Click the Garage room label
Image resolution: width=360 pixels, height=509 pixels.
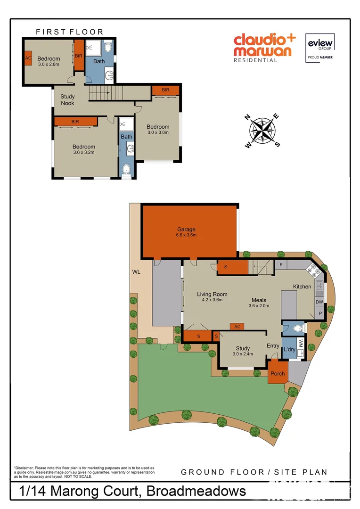click(186, 230)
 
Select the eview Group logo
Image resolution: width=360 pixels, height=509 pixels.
click(320, 47)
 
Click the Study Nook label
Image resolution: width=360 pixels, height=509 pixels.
click(67, 100)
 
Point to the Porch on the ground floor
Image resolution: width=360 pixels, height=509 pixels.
click(278, 373)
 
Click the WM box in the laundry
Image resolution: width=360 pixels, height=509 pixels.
click(301, 343)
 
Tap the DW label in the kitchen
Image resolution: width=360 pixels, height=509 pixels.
click(319, 302)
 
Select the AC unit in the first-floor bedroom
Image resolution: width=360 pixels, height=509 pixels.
click(28, 58)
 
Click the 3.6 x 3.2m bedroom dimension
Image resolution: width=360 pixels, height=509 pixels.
click(84, 152)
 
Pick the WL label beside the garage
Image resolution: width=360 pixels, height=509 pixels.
click(136, 272)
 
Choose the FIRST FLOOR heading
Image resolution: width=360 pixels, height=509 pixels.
click(69, 32)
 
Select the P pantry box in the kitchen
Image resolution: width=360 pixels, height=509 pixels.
click(320, 313)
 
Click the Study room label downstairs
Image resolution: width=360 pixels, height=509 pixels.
click(243, 349)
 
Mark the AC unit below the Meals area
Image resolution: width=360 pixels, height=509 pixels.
click(237, 326)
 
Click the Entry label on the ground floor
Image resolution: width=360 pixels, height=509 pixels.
click(273, 346)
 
